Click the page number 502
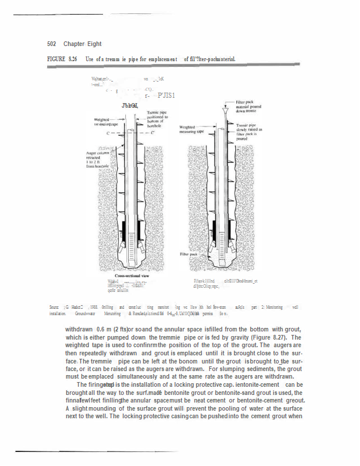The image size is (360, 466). tap(52, 44)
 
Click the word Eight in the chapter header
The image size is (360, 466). tap(94, 44)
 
